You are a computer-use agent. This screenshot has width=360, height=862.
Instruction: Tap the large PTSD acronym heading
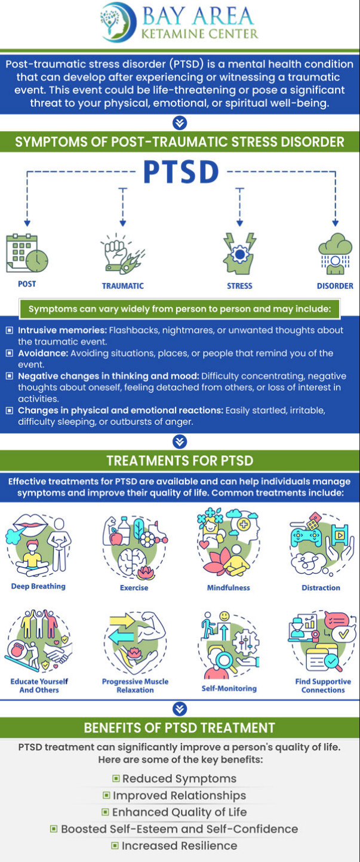tap(180, 173)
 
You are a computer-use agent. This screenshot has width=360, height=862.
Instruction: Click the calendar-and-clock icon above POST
tap(27, 253)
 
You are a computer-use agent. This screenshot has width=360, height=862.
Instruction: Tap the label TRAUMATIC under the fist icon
tap(122, 286)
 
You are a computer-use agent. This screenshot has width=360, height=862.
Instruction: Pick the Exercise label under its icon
tap(134, 587)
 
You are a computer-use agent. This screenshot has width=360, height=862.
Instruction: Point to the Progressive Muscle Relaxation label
tap(135, 685)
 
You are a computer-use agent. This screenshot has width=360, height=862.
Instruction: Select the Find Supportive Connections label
tap(323, 685)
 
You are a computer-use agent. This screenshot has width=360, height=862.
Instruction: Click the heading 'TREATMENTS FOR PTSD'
tap(180, 461)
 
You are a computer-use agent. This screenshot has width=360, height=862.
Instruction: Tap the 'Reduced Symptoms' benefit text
tap(179, 778)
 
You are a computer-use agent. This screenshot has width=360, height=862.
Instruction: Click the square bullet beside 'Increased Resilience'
tap(115, 845)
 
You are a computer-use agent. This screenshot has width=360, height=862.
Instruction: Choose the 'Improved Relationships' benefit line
tap(179, 795)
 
